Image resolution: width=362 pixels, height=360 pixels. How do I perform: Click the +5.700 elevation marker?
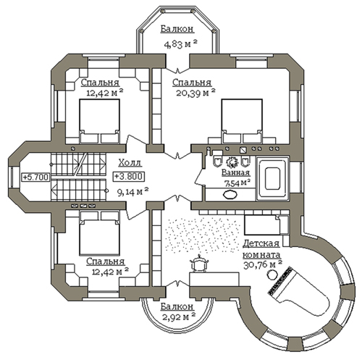click(x=35, y=177)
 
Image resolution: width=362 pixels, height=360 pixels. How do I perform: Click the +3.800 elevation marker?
click(x=129, y=176)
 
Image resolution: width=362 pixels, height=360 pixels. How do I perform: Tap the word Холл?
click(x=130, y=163)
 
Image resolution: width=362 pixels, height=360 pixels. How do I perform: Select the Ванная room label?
click(x=235, y=173)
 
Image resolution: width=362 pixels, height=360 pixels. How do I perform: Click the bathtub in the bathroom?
click(x=273, y=178)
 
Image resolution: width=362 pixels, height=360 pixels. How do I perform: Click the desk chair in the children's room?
click(x=199, y=264)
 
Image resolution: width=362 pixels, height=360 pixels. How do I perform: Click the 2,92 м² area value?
click(x=179, y=317)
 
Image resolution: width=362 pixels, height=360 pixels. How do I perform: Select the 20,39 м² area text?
click(x=195, y=93)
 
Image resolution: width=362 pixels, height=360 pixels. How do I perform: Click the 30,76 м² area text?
click(x=263, y=265)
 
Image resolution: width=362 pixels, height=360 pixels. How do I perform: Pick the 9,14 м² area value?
click(x=132, y=192)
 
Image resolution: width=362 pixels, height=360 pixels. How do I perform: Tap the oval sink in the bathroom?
click(x=230, y=195)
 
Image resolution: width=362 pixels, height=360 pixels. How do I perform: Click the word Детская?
click(x=261, y=243)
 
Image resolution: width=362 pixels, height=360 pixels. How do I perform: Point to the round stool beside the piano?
click(x=272, y=274)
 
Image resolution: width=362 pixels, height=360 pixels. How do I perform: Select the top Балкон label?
click(x=177, y=29)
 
